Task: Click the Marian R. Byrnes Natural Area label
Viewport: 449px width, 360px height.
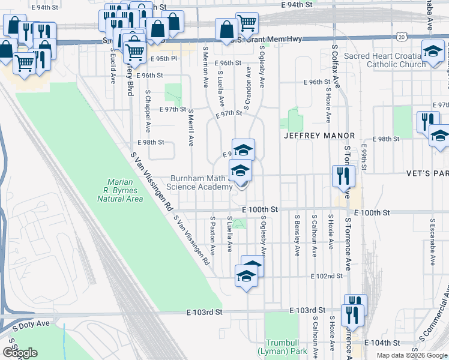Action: point(125,190)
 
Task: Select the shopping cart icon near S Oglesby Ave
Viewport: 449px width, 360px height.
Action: point(247,23)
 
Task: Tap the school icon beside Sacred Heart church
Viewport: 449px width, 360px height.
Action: point(432,52)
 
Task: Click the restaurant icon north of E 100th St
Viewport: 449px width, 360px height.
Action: point(343,176)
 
